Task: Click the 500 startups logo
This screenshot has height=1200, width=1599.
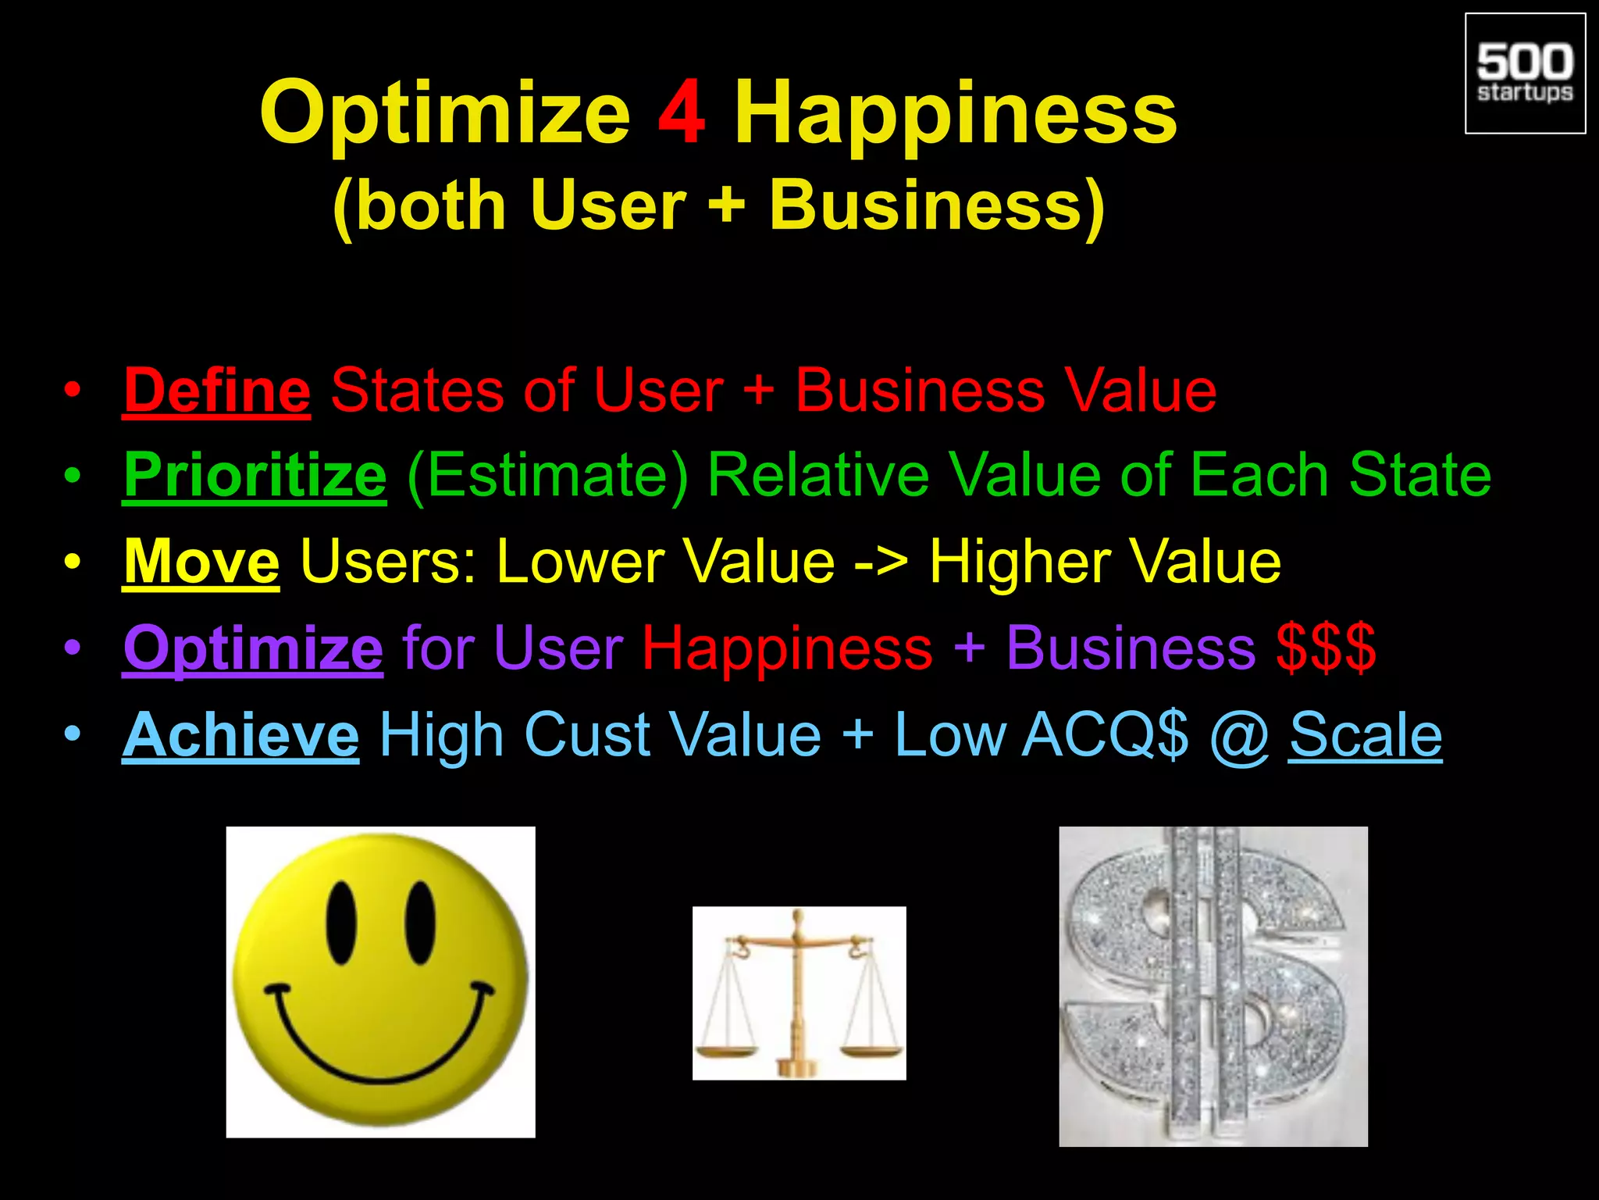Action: (1525, 73)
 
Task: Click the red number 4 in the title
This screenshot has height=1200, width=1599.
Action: (682, 113)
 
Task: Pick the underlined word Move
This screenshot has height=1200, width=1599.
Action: (201, 562)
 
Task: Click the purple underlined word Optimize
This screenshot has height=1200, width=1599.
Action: (253, 648)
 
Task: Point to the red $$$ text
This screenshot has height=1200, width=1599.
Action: (1326, 648)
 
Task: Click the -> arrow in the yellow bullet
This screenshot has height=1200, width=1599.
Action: (881, 563)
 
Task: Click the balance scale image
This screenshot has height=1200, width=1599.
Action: (799, 993)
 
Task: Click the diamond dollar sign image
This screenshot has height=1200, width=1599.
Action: (1213, 986)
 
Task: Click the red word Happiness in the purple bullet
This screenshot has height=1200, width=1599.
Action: (787, 648)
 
